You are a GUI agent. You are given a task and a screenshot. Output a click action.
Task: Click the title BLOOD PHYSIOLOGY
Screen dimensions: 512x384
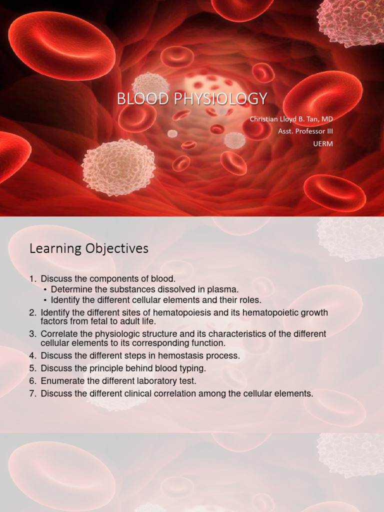click(192, 98)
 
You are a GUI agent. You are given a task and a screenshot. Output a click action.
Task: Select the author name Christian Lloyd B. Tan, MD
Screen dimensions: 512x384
click(291, 119)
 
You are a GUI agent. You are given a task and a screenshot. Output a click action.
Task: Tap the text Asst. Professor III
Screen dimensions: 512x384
click(305, 131)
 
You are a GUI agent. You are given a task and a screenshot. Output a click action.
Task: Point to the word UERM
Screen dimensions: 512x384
click(322, 144)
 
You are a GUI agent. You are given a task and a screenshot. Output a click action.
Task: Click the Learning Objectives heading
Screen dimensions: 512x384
click(89, 248)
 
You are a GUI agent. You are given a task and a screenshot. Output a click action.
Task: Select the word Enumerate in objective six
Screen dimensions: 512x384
click(62, 381)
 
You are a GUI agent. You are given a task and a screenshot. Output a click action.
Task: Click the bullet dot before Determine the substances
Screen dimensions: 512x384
click(45, 289)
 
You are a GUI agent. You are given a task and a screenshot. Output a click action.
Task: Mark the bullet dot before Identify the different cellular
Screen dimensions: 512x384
click(45, 300)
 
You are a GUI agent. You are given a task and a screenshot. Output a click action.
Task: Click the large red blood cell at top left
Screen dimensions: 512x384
click(62, 45)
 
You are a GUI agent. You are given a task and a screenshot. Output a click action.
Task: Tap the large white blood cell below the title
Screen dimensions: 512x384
click(118, 167)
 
